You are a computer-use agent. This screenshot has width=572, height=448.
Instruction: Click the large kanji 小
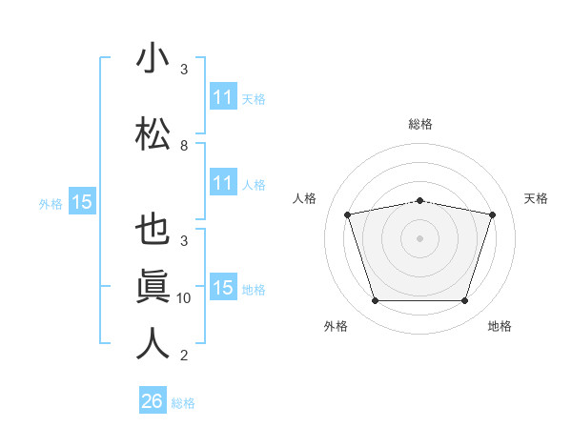pyautogui.click(x=153, y=57)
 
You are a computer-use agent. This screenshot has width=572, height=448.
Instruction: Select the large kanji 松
pyautogui.click(x=153, y=133)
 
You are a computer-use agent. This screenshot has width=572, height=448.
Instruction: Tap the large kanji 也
pyautogui.click(x=153, y=229)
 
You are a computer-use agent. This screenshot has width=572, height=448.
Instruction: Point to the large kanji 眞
pyautogui.click(x=153, y=286)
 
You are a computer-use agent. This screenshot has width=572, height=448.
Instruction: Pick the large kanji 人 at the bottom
pyautogui.click(x=153, y=343)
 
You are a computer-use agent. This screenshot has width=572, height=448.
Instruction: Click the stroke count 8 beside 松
pyautogui.click(x=184, y=146)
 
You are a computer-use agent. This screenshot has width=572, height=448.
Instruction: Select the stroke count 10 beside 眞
pyautogui.click(x=183, y=298)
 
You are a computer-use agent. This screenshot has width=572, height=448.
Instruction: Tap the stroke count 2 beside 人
pyautogui.click(x=184, y=355)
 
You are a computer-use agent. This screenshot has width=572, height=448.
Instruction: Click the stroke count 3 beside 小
pyautogui.click(x=184, y=69)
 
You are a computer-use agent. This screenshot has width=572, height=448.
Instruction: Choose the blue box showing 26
pyautogui.click(x=153, y=399)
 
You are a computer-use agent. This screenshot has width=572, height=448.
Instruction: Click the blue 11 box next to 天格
pyautogui.click(x=224, y=95)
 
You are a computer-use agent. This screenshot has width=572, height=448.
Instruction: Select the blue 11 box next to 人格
pyautogui.click(x=224, y=182)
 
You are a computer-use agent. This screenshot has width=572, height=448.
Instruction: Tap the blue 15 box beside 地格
pyautogui.click(x=224, y=286)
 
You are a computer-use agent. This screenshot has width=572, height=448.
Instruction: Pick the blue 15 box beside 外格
pyautogui.click(x=82, y=201)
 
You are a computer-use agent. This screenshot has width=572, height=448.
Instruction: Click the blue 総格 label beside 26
pyautogui.click(x=183, y=403)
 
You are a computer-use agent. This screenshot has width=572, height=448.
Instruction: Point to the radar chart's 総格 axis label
pyautogui.click(x=420, y=124)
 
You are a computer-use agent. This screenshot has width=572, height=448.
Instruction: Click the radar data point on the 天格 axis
pyautogui.click(x=493, y=214)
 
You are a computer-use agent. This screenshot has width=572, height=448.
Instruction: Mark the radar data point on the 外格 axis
pyautogui.click(x=376, y=301)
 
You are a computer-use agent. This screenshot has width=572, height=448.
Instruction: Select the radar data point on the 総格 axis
pyautogui.click(x=420, y=201)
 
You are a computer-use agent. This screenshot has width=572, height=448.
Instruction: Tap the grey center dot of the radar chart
pyautogui.click(x=419, y=238)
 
